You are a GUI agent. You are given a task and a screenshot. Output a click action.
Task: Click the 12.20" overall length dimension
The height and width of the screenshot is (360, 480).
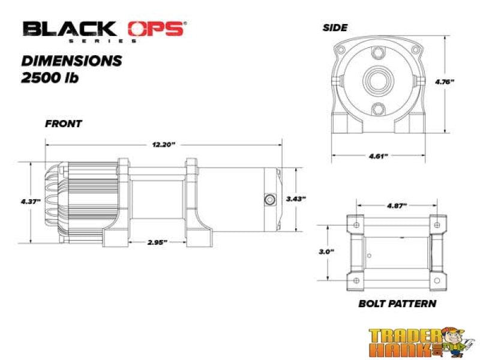(163, 145)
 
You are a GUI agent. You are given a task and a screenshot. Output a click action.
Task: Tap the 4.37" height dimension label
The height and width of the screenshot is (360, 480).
(30, 201)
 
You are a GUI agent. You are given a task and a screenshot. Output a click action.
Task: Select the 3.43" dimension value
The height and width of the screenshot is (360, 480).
(296, 198)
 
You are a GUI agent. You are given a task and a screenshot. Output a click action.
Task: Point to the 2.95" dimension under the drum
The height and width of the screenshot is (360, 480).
(157, 242)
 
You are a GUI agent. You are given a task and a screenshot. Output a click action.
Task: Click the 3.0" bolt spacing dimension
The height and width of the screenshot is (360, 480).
(327, 252)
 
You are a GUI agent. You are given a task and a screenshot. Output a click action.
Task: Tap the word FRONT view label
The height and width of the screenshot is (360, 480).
(64, 124)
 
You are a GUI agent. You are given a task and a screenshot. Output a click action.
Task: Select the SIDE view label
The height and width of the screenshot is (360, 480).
(336, 28)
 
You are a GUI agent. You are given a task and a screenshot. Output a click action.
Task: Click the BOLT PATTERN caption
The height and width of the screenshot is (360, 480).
(397, 304)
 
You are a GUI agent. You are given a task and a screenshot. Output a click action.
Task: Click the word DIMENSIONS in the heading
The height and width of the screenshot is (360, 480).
(72, 61)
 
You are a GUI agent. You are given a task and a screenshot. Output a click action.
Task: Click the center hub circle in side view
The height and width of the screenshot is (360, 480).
(378, 80)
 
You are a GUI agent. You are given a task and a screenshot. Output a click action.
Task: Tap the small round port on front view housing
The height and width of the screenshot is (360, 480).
(268, 199)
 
